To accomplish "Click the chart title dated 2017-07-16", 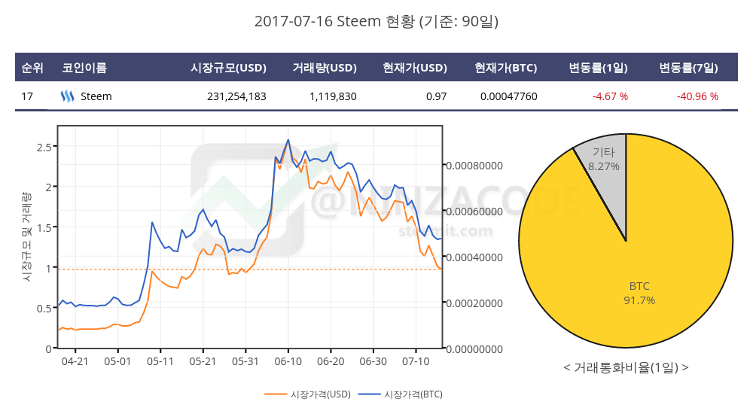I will pyautogui.click(x=376, y=22).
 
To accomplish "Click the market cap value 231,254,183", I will pyautogui.click(x=236, y=96).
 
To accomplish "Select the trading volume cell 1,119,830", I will pyautogui.click(x=333, y=96).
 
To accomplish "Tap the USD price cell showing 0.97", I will pyautogui.click(x=436, y=96).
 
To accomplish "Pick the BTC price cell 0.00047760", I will pyautogui.click(x=508, y=96).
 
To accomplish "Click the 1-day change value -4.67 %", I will pyautogui.click(x=610, y=96).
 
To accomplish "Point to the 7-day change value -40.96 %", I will pyautogui.click(x=697, y=96).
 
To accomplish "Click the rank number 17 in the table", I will pyautogui.click(x=27, y=96).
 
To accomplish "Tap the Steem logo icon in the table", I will pyautogui.click(x=67, y=96).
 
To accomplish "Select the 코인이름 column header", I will pyautogui.click(x=84, y=68).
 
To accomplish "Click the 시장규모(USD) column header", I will pyautogui.click(x=229, y=68).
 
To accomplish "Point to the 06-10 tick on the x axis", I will pyautogui.click(x=288, y=361).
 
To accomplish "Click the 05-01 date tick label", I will pyautogui.click(x=117, y=361).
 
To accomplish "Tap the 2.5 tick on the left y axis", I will pyautogui.click(x=44, y=146).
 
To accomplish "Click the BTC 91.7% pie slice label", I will pyautogui.click(x=639, y=293).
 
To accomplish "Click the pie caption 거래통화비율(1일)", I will pyautogui.click(x=625, y=367).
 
